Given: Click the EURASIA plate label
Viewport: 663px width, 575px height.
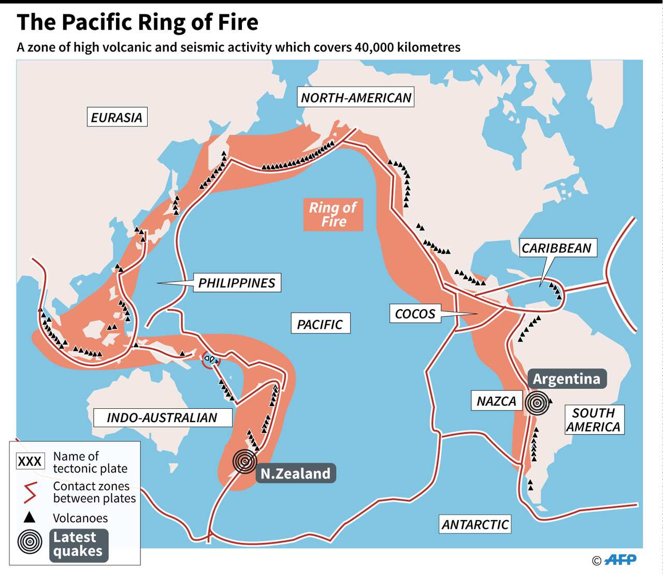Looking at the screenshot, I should click(x=117, y=118).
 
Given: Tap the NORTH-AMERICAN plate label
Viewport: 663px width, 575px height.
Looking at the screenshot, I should click(x=356, y=98).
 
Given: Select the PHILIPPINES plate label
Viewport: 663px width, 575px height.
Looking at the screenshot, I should click(x=237, y=283).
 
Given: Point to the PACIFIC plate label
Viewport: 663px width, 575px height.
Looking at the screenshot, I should click(x=320, y=324).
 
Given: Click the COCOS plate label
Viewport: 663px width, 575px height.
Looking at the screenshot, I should click(x=415, y=314).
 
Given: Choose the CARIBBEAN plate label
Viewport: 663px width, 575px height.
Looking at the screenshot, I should click(x=556, y=248).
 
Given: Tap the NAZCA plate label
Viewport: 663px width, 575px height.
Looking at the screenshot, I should click(x=496, y=401).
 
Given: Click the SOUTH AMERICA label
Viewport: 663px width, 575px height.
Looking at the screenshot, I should click(x=593, y=420).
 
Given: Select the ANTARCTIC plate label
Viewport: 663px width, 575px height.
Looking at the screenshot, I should click(x=475, y=524).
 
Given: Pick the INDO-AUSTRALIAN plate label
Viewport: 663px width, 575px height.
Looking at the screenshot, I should click(x=162, y=418).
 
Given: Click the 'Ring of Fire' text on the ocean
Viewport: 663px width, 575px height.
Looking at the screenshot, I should click(x=333, y=214).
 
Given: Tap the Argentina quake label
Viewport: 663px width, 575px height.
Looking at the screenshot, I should click(x=567, y=379).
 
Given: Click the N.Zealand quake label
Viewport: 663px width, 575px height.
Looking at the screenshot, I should click(x=295, y=473).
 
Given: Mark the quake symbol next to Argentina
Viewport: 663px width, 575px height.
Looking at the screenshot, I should click(x=537, y=403).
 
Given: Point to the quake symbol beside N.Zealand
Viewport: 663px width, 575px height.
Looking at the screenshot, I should click(x=244, y=461).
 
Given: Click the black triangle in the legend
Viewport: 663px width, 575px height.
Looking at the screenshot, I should click(x=30, y=517).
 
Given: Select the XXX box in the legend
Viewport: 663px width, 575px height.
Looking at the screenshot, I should click(x=30, y=462).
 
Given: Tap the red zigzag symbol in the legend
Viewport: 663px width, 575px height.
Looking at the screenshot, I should click(x=30, y=492).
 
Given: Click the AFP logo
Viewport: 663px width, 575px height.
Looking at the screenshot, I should click(x=620, y=559).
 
